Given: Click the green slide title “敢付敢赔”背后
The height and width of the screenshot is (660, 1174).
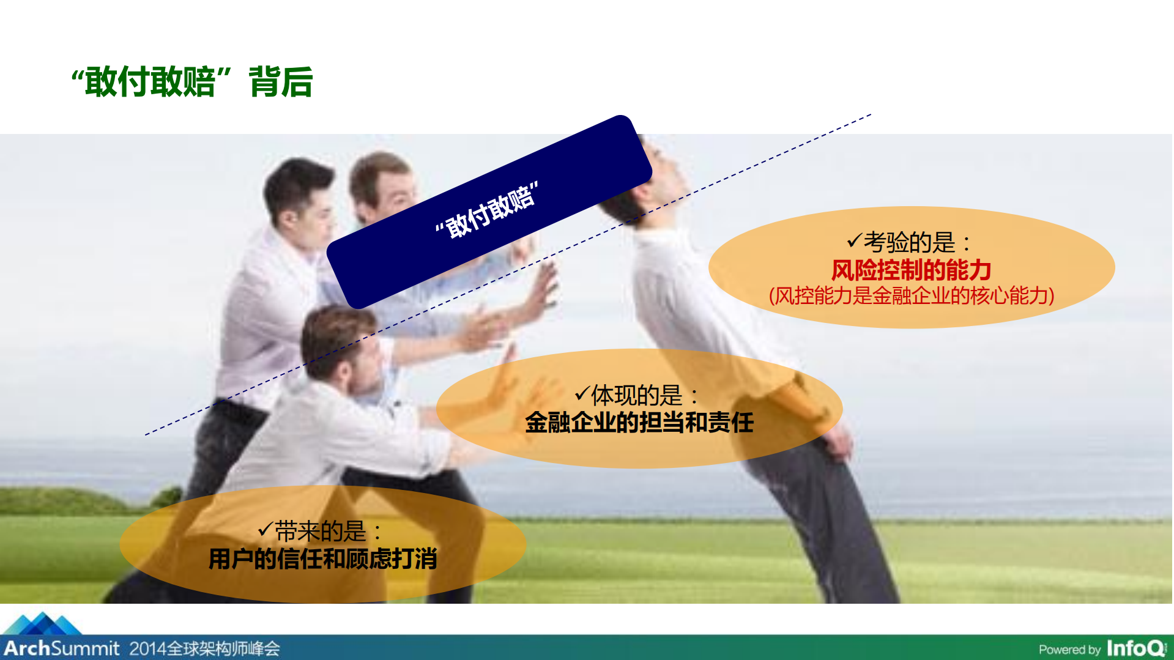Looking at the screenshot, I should coord(192,81).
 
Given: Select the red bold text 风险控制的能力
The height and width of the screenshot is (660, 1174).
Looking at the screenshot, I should coord(911,270).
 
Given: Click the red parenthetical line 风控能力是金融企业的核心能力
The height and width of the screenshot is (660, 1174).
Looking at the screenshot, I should coord(912,296).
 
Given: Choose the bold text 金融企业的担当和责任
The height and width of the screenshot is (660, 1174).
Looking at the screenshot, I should coord(639,423).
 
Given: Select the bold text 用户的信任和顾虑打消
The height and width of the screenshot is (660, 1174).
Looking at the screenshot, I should coord(322,559).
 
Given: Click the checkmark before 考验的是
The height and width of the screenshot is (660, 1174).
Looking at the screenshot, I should coord(854,241).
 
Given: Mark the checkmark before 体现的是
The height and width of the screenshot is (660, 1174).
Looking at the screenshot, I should coord(582,393).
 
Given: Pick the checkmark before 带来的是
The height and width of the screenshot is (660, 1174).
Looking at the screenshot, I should coord(265,528).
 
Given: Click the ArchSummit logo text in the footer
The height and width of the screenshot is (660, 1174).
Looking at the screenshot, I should coord(62,648).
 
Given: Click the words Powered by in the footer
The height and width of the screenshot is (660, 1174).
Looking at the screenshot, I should coord(1069,650).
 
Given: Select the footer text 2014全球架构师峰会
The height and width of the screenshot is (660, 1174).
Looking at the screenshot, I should coord(204,648).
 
